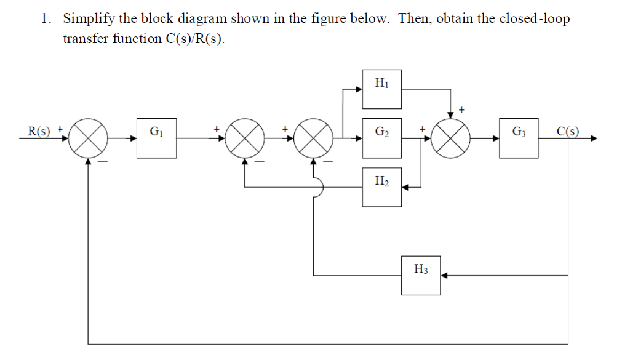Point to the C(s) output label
point(567,130)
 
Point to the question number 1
point(45,18)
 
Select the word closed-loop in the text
point(535,18)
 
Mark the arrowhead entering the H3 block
point(445,276)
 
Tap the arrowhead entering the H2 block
point(406,187)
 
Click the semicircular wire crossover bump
point(317,187)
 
